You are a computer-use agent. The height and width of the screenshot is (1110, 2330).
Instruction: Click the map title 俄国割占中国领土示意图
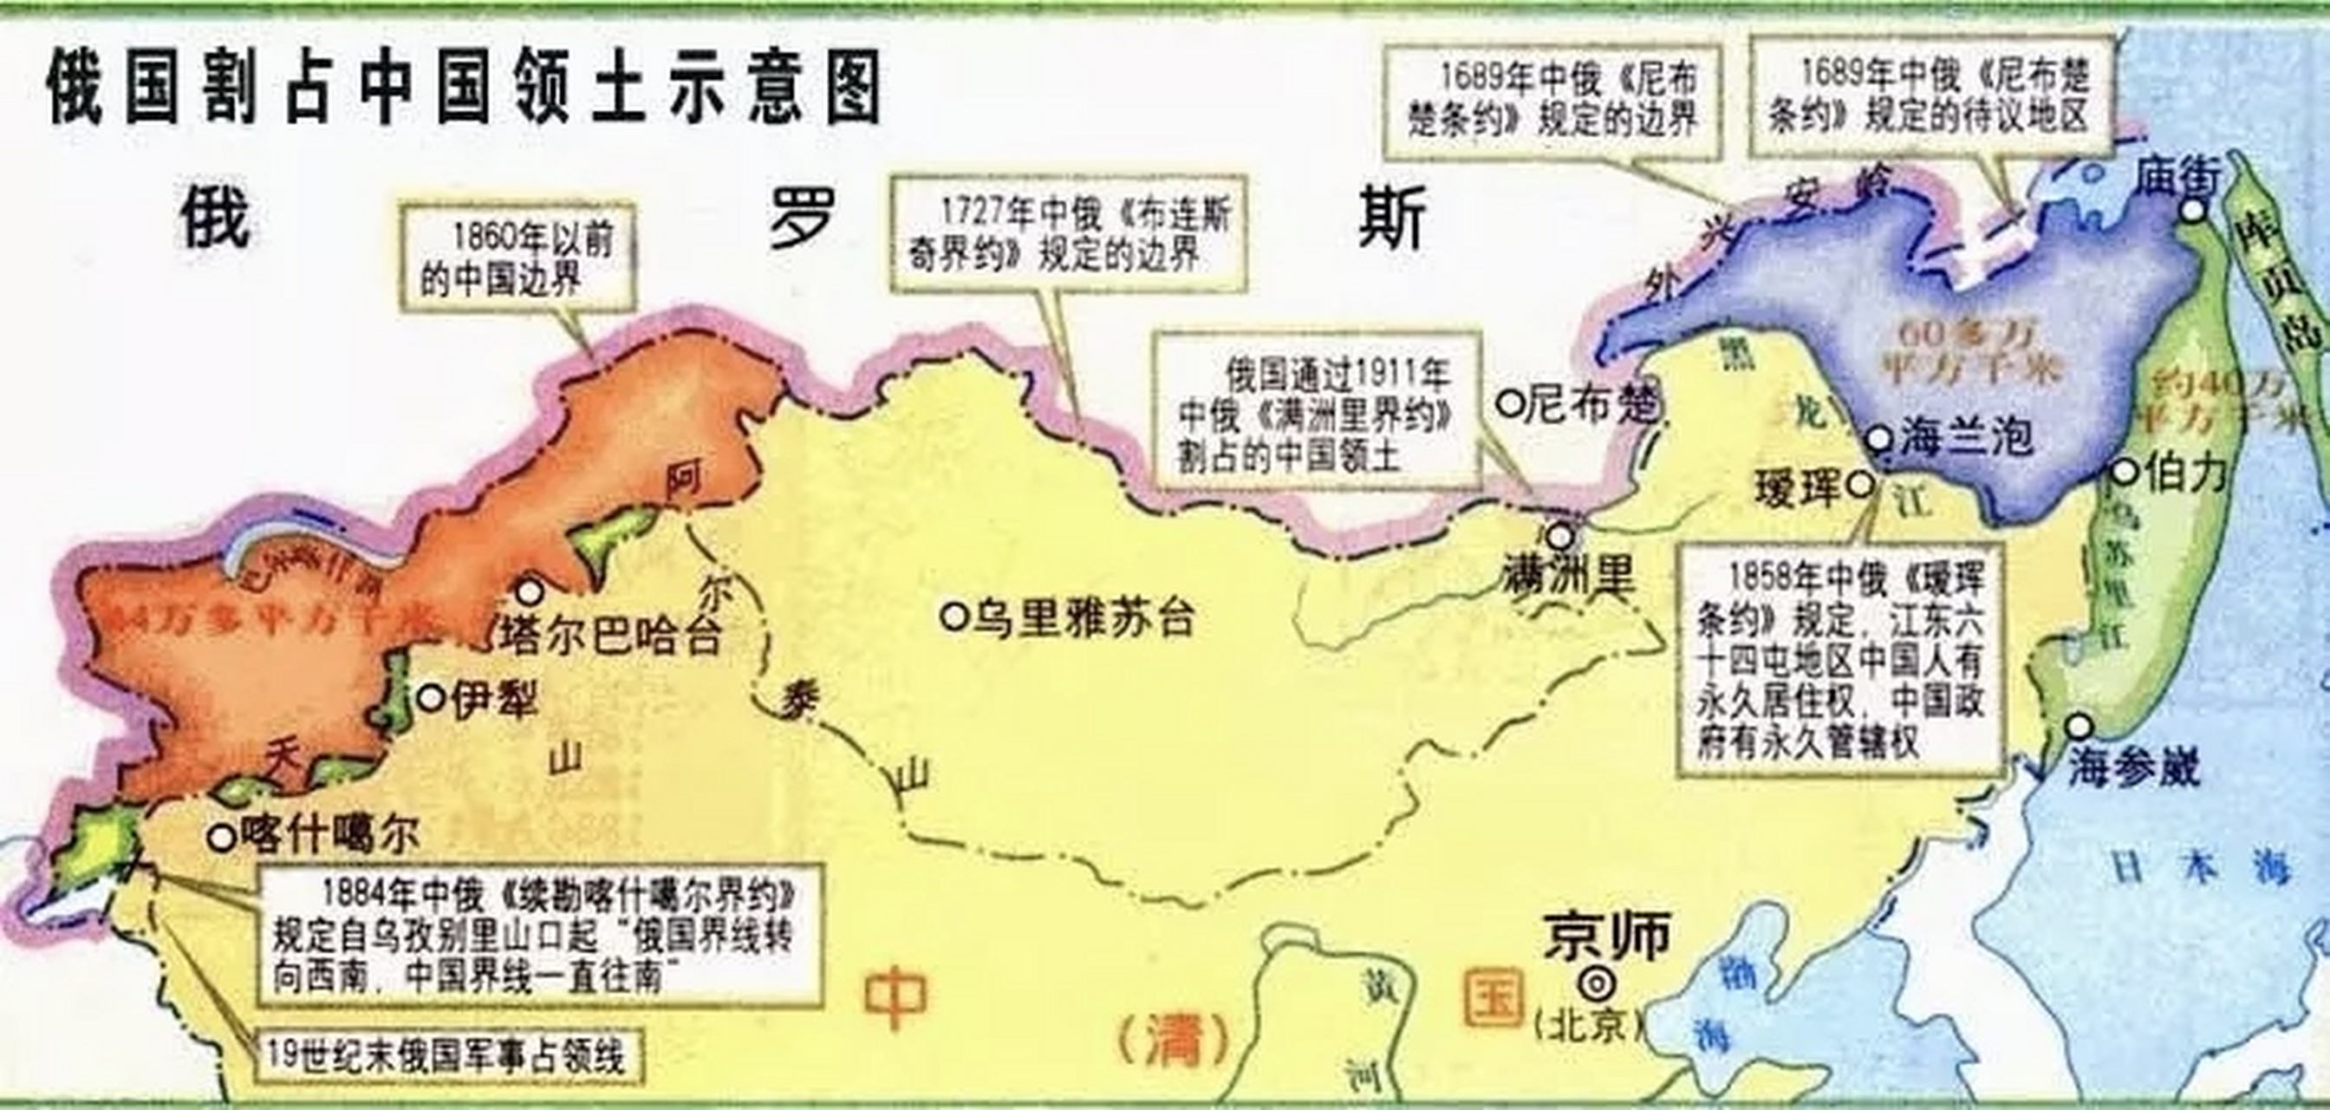(464, 87)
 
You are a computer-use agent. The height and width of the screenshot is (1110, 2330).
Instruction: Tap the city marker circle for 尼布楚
(1510, 403)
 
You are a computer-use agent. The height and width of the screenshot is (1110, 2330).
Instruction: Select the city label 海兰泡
(1965, 438)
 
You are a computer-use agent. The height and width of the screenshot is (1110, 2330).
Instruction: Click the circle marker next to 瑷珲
(1860, 485)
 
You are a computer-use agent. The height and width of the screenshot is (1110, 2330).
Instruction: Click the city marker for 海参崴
(2080, 726)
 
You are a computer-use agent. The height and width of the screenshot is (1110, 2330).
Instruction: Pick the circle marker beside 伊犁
(432, 697)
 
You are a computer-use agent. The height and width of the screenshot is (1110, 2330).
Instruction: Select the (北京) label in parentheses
(1588, 1026)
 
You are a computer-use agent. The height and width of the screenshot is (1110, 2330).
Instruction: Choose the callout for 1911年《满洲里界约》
(1316, 411)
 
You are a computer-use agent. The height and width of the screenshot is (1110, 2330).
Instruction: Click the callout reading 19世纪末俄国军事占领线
(448, 1054)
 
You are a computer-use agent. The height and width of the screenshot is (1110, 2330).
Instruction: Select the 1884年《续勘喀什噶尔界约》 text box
(540, 936)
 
